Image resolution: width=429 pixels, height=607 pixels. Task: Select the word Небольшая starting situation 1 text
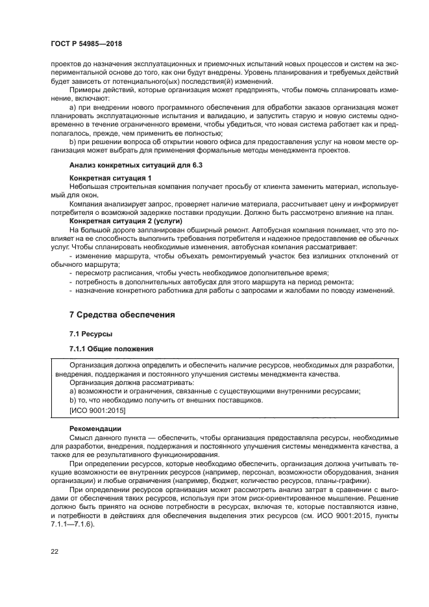[x=90, y=186]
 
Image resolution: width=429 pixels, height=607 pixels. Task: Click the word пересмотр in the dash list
[x=94, y=273]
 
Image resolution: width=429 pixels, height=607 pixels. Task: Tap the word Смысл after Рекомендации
[x=82, y=438]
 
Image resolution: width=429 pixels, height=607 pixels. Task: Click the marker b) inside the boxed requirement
[x=73, y=401]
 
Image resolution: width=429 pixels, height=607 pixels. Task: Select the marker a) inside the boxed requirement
[x=73, y=391]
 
